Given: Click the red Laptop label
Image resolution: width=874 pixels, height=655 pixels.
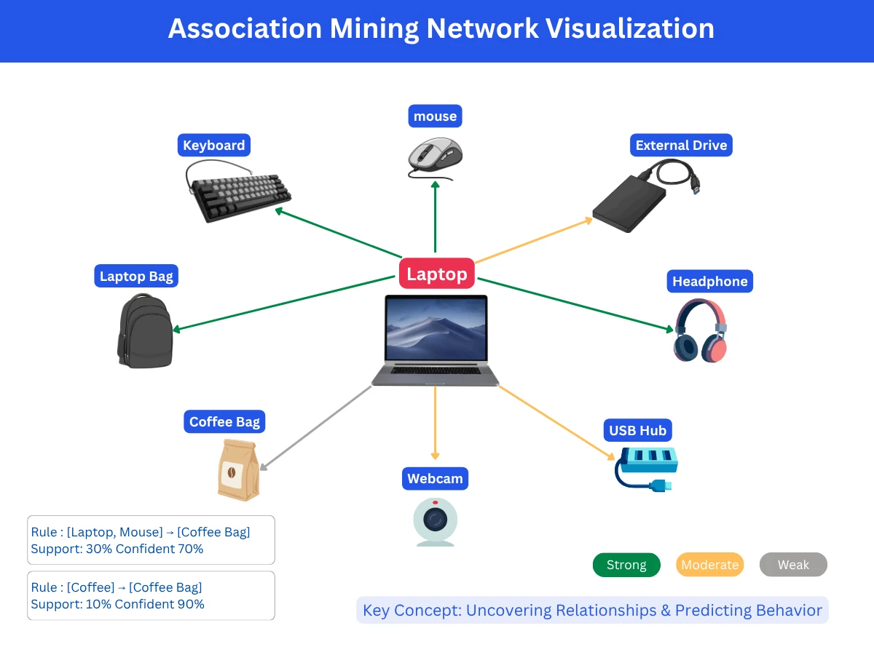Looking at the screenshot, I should pyautogui.click(x=437, y=274).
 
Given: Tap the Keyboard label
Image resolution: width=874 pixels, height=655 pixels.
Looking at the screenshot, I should pyautogui.click(x=213, y=145).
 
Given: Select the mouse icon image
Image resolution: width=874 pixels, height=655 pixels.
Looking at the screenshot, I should pyautogui.click(x=435, y=156).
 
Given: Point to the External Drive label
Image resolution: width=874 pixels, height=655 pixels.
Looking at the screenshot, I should pyautogui.click(x=681, y=145).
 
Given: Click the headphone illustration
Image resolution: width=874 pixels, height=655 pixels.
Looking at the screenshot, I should pyautogui.click(x=700, y=331).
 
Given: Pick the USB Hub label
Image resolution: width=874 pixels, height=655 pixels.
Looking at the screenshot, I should pyautogui.click(x=637, y=430).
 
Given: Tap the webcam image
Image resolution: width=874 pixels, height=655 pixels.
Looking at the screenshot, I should pyautogui.click(x=435, y=521).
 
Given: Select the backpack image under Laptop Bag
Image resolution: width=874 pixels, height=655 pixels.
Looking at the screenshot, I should pyautogui.click(x=144, y=331).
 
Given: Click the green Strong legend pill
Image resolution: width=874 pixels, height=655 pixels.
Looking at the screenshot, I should pyautogui.click(x=626, y=565).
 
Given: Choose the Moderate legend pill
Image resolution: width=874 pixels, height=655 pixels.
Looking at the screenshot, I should pyautogui.click(x=709, y=565).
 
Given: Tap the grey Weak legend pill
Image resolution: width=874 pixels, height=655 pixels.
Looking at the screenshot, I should pyautogui.click(x=793, y=565).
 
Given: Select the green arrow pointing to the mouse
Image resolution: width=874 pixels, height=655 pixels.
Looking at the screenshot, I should pyautogui.click(x=435, y=218).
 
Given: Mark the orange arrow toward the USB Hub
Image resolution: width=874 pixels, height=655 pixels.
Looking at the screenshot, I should pyautogui.click(x=557, y=424).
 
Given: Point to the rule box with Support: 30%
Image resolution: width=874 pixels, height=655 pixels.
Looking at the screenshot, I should pyautogui.click(x=151, y=540).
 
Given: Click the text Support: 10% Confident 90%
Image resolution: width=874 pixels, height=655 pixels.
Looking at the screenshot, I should pyautogui.click(x=117, y=604).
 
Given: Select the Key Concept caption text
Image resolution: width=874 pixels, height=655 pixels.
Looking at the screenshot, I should pyautogui.click(x=592, y=610).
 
